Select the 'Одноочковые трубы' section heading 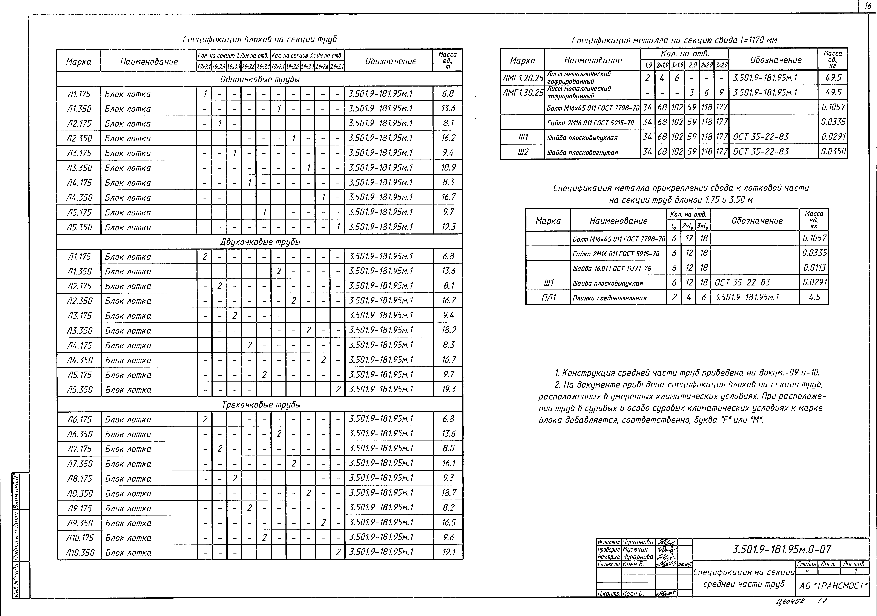(260, 79)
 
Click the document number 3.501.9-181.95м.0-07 (782, 550)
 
